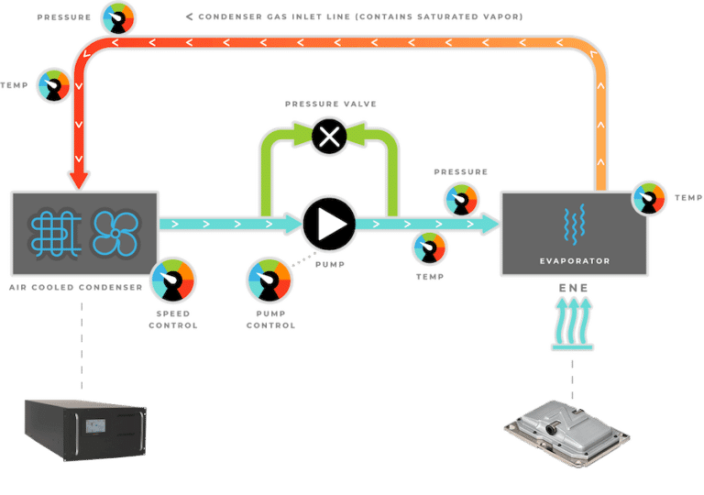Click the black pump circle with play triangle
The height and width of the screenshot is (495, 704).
[329, 224]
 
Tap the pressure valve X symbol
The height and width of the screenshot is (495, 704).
[329, 136]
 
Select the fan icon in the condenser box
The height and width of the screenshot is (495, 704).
[115, 233]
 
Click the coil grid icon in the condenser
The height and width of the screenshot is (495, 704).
[56, 234]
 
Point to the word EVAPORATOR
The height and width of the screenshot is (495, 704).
[575, 261]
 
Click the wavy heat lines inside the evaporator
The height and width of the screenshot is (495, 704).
[574, 224]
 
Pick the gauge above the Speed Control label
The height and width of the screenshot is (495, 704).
[173, 280]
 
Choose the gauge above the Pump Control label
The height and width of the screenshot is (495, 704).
[269, 280]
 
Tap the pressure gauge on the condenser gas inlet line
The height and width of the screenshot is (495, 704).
[118, 18]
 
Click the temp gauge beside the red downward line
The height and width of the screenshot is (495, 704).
[54, 85]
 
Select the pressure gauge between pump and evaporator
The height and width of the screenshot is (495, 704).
[461, 200]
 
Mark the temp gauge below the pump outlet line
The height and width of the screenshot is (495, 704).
[430, 247]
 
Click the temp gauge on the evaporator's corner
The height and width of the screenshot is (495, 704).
[649, 198]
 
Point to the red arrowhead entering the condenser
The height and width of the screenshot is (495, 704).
[79, 180]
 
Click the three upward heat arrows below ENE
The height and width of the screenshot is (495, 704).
[572, 324]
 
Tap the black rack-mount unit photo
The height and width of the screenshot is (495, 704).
[85, 430]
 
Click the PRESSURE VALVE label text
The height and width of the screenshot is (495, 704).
[331, 104]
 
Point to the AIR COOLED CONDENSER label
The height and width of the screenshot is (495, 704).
[76, 288]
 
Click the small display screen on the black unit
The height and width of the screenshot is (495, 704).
[95, 425]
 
